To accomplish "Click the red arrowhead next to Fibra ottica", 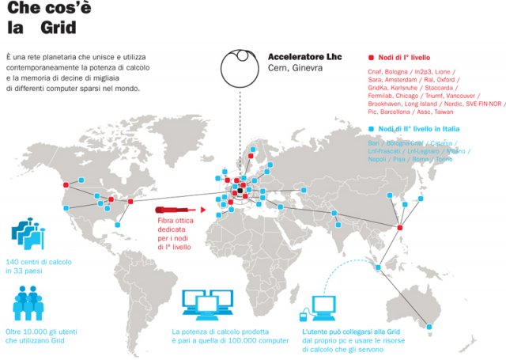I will point(203,210).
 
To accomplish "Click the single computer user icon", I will point(324,305).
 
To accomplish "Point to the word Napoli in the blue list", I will point(381,159).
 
